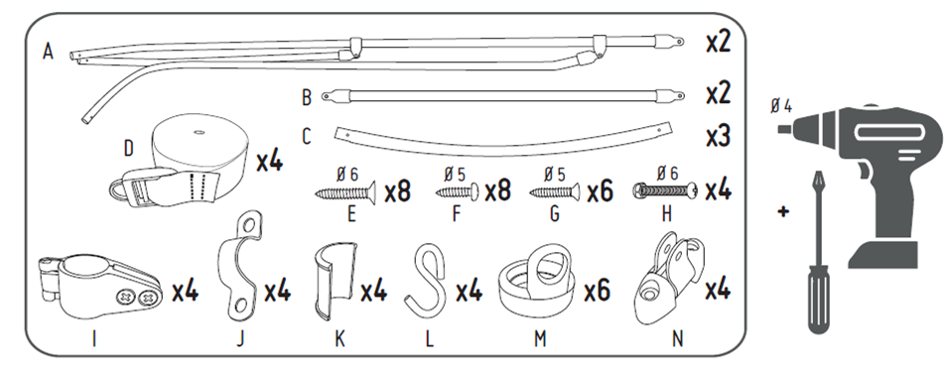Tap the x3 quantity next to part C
[x=719, y=137]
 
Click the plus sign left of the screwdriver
[x=783, y=212]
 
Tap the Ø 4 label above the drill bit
[x=781, y=106]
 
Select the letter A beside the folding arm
[x=48, y=52]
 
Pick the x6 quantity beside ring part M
[x=598, y=291]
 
